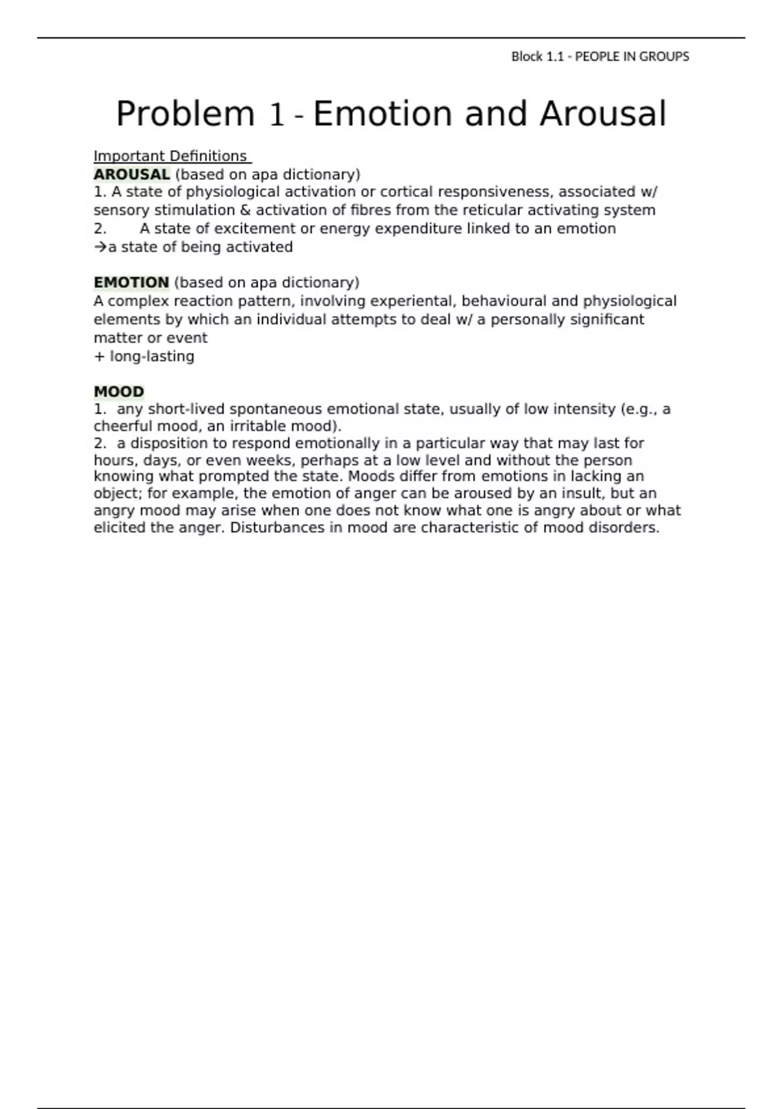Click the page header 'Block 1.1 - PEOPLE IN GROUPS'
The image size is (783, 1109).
point(600,57)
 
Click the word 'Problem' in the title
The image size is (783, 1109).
point(185,114)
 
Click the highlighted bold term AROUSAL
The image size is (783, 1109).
point(131,175)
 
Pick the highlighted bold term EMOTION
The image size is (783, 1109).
point(131,282)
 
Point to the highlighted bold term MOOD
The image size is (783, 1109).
point(119,391)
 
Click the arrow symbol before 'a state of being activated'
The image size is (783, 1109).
point(100,247)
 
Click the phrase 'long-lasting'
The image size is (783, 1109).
point(152,357)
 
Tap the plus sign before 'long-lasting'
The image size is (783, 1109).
point(99,357)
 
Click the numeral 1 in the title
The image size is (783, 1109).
point(277,115)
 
